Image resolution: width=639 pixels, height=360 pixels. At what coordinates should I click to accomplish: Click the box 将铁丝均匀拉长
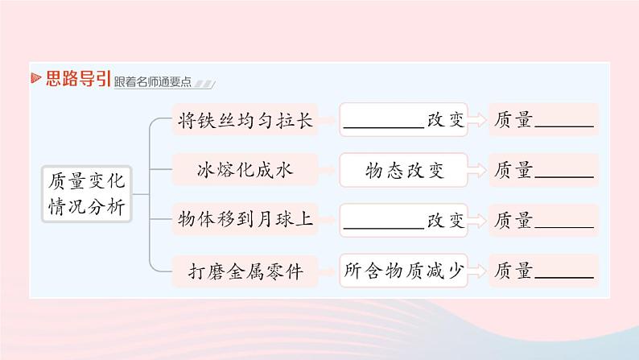tap(245, 121)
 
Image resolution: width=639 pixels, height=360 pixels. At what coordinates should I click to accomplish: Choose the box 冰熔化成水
tap(245, 170)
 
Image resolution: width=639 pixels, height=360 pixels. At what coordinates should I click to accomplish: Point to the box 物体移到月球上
tap(245, 220)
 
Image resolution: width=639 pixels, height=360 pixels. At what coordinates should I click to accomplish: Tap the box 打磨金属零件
tap(245, 271)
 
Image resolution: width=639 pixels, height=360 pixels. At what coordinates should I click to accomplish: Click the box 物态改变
tap(404, 170)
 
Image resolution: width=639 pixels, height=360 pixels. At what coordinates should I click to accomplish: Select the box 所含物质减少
tap(404, 271)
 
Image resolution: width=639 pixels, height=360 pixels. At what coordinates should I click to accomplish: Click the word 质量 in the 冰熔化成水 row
tap(513, 170)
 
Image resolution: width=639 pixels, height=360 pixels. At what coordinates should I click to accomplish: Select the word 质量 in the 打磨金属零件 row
tap(513, 271)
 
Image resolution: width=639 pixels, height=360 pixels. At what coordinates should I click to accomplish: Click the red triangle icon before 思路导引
tap(35, 78)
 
